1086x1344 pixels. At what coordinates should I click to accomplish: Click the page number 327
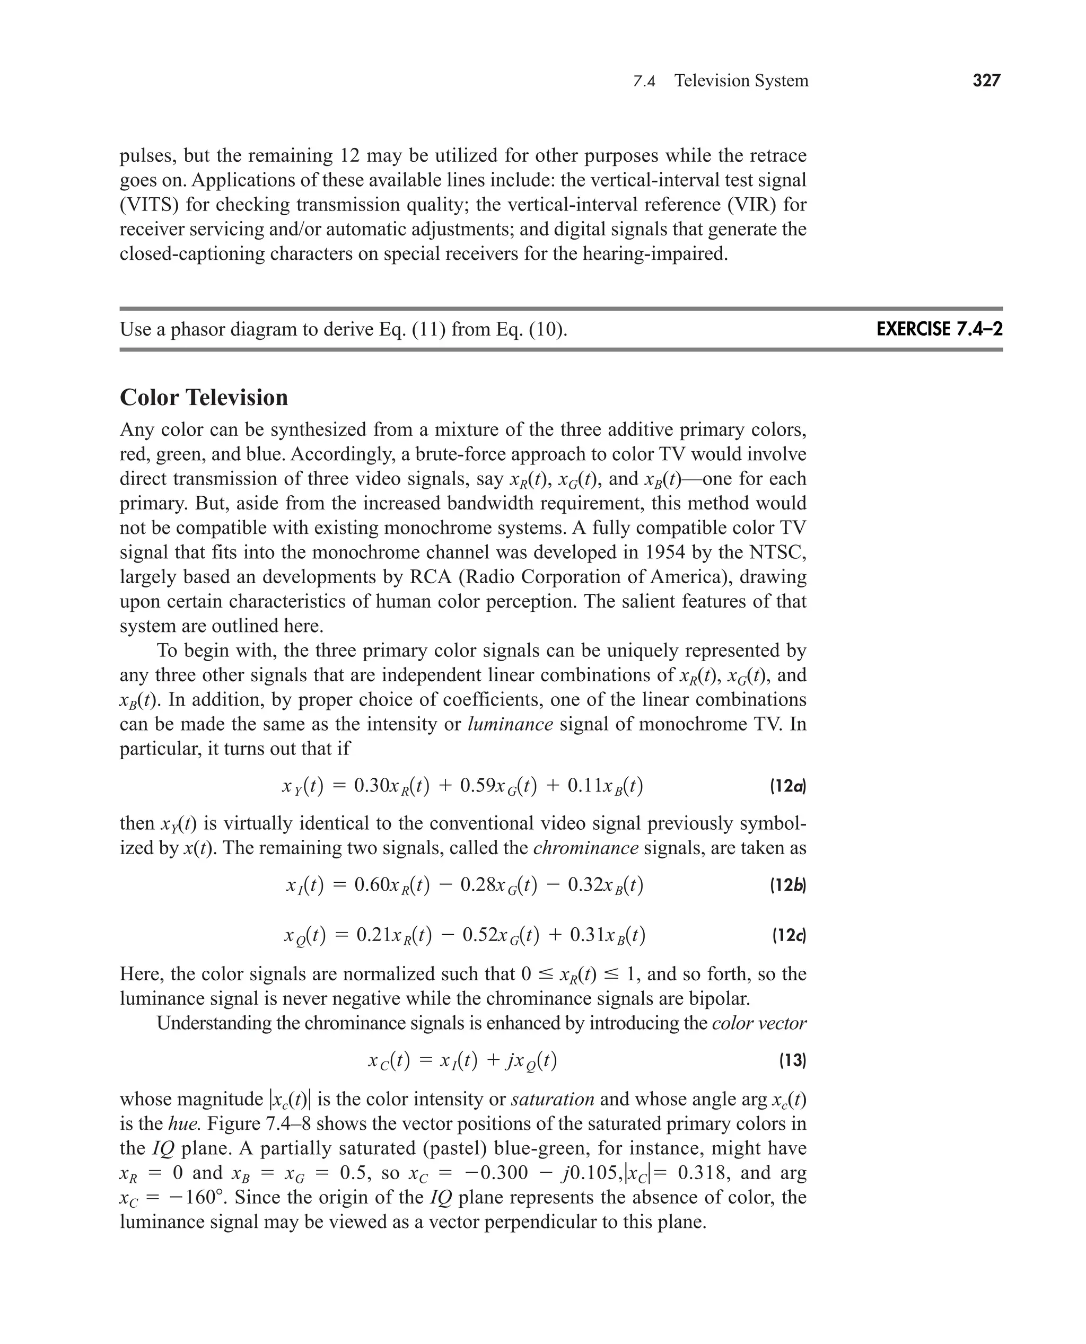(986, 81)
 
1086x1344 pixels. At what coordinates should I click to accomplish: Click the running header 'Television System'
(741, 81)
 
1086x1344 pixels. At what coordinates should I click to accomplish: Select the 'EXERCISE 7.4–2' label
(939, 329)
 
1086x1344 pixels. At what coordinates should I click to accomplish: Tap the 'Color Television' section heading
(204, 398)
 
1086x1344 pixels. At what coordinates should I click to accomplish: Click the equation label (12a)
(787, 786)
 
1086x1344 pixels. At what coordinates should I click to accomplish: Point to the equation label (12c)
(788, 936)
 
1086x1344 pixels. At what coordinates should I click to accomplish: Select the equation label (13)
(792, 1061)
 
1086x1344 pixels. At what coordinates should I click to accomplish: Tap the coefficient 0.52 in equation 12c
(480, 936)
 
